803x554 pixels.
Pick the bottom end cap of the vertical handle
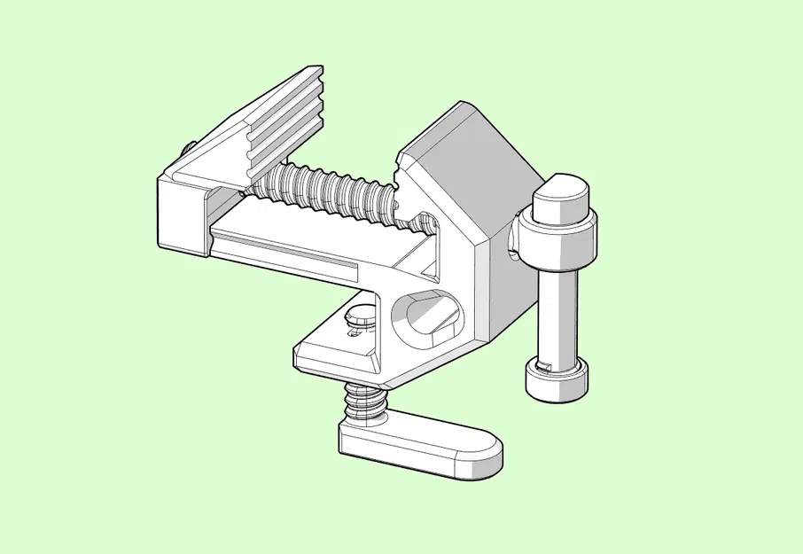557,379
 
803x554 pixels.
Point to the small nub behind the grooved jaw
188,146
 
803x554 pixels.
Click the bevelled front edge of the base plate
337,364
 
